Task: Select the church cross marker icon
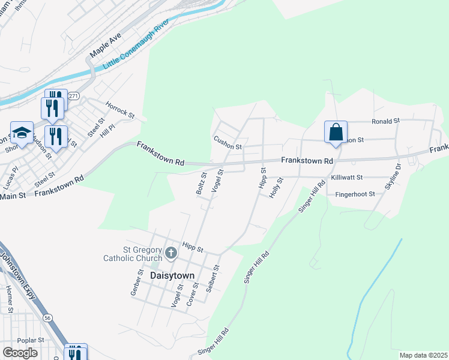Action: pos(170,253)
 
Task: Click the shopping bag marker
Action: pos(336,132)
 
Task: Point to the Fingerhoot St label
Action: pos(355,194)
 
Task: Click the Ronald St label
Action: pos(385,121)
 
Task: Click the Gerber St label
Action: pos(137,283)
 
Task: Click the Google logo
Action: pos(20,353)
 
